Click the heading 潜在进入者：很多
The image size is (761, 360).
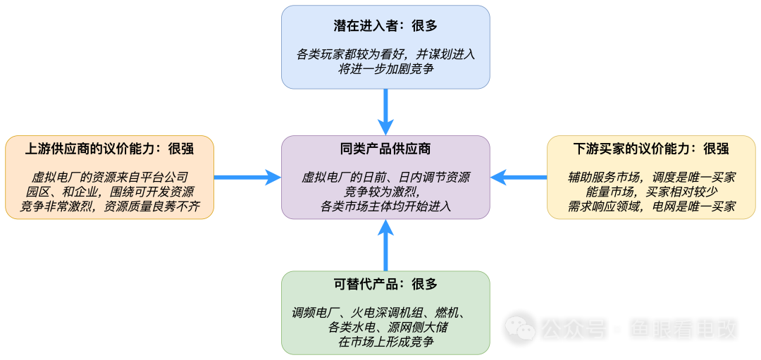[385, 26]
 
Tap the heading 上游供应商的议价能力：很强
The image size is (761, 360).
[109, 149]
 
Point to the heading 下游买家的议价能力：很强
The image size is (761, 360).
[651, 149]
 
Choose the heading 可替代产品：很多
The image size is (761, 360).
[385, 284]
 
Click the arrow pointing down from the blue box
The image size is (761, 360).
[385, 111]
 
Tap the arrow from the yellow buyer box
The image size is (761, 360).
[519, 177]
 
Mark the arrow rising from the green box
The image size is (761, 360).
[385, 245]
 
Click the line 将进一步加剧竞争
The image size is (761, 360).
[385, 68]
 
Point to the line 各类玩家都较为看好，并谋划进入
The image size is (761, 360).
[385, 54]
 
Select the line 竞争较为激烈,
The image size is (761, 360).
[385, 192]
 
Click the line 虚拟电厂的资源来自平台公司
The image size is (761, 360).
[109, 178]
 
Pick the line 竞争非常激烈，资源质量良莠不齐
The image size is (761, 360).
[109, 206]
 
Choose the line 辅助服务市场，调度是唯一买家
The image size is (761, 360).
[651, 178]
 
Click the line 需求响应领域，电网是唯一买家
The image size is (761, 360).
[651, 206]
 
